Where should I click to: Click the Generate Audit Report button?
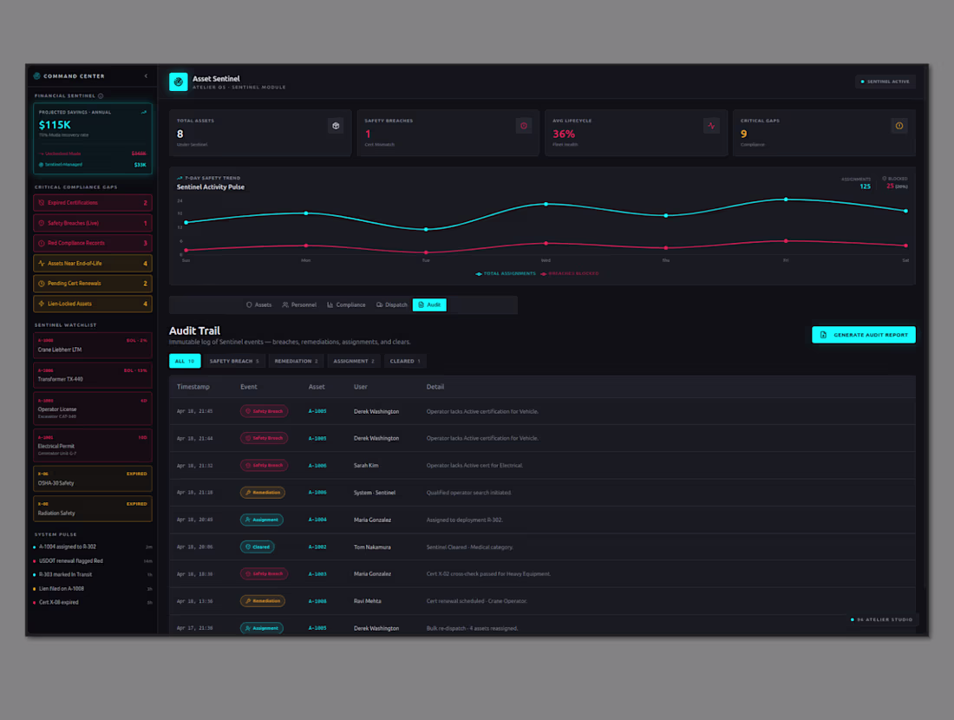(863, 335)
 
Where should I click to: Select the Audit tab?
(429, 305)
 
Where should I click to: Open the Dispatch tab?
(392, 305)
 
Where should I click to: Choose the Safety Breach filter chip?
(233, 361)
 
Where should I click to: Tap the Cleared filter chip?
(405, 361)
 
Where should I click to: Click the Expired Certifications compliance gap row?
(93, 203)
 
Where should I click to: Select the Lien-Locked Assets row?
(93, 304)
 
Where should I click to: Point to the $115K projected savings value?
(55, 126)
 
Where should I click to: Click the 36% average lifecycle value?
(564, 134)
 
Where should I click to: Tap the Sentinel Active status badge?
(885, 82)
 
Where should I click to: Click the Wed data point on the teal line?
(546, 204)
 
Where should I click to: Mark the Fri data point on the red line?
(786, 241)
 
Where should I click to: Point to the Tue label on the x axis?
(426, 260)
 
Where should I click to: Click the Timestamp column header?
(193, 386)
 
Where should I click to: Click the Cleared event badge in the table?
(257, 547)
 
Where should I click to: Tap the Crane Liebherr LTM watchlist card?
(93, 344)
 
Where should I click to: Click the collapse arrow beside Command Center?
(146, 76)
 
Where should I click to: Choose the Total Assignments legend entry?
(506, 273)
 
